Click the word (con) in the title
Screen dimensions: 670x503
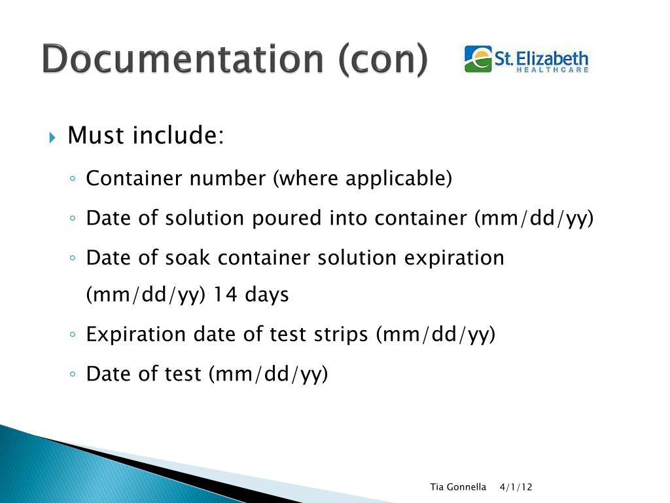click(383, 60)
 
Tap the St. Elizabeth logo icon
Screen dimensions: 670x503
click(478, 59)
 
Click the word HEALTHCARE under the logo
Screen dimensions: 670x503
click(552, 69)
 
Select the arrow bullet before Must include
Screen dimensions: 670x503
click(52, 138)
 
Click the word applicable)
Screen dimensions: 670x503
click(398, 179)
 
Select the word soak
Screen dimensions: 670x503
click(188, 257)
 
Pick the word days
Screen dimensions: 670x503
click(267, 295)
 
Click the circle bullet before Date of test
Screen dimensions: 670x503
click(73, 374)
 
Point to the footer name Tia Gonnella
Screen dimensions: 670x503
click(458, 487)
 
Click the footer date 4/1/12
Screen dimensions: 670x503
click(516, 487)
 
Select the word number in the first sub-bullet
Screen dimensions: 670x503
click(227, 178)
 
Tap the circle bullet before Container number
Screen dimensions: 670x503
click(73, 179)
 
